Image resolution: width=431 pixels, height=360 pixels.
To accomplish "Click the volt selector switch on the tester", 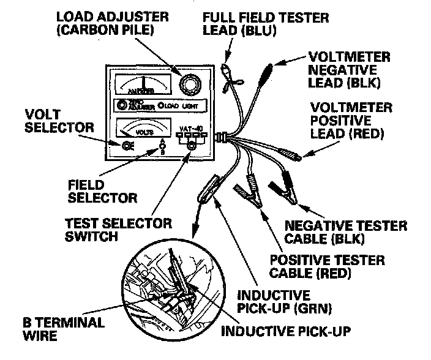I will (x=128, y=145).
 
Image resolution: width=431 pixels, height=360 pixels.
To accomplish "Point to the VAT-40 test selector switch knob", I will (x=192, y=145).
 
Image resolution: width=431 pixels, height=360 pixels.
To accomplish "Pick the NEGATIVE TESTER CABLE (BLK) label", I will (x=337, y=231).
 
